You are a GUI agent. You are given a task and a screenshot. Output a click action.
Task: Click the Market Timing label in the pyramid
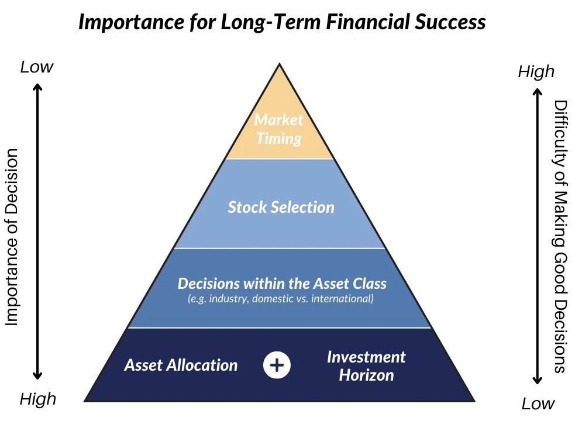(279, 129)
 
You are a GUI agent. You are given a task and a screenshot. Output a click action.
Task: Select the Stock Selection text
(281, 207)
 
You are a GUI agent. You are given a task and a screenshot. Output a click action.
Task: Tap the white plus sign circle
(277, 365)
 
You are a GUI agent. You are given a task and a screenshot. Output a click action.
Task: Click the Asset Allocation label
(181, 365)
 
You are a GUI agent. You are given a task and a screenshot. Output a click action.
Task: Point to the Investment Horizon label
(366, 366)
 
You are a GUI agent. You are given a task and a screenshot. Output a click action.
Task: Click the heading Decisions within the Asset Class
(282, 284)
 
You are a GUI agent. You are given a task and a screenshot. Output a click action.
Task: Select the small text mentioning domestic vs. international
(280, 299)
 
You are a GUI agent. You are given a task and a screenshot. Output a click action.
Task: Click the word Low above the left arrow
(36, 67)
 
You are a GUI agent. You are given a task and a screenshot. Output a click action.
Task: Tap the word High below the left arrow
(38, 399)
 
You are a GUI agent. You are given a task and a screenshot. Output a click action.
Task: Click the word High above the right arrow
(536, 72)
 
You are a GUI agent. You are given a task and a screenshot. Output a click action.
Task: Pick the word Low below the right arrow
(538, 403)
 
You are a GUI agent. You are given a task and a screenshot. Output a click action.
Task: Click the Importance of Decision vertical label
(12, 237)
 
